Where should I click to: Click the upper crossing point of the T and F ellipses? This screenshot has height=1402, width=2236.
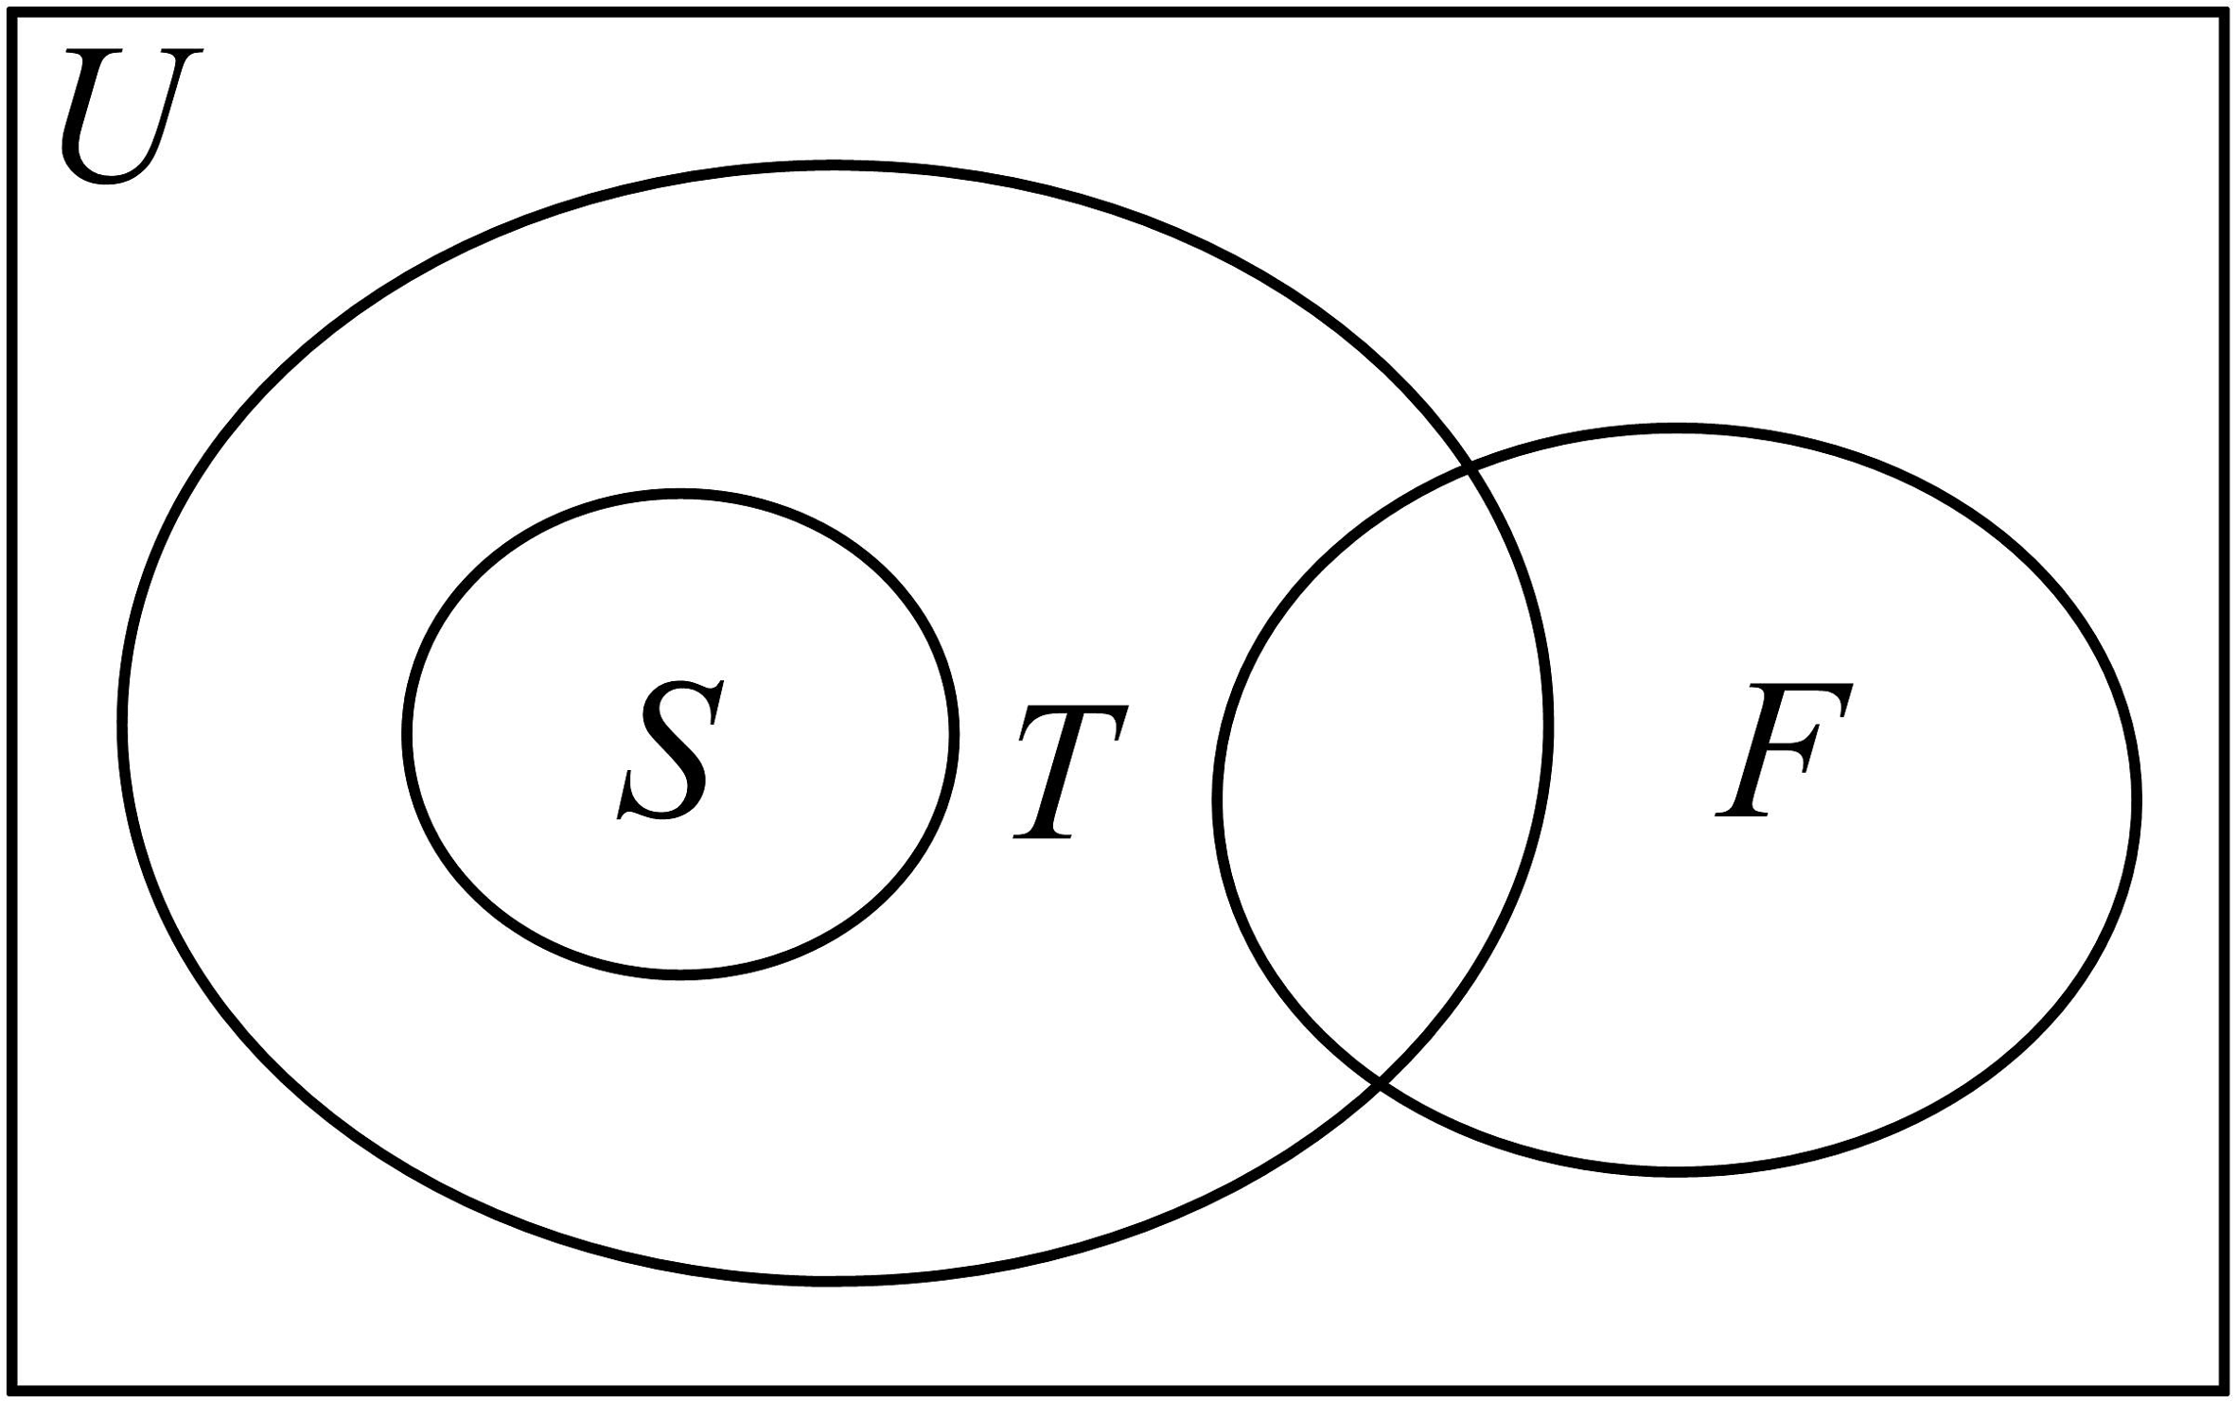(1470, 468)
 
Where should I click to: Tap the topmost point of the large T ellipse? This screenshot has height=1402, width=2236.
(831, 166)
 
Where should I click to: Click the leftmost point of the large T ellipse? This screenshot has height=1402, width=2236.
(123, 727)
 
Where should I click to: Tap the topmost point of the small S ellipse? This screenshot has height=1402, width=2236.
(679, 494)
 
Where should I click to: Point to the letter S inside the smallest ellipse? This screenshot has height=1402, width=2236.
(670, 749)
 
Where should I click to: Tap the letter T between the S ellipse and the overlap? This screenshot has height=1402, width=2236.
(1069, 771)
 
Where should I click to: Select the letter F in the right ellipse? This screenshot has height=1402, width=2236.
(1783, 749)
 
